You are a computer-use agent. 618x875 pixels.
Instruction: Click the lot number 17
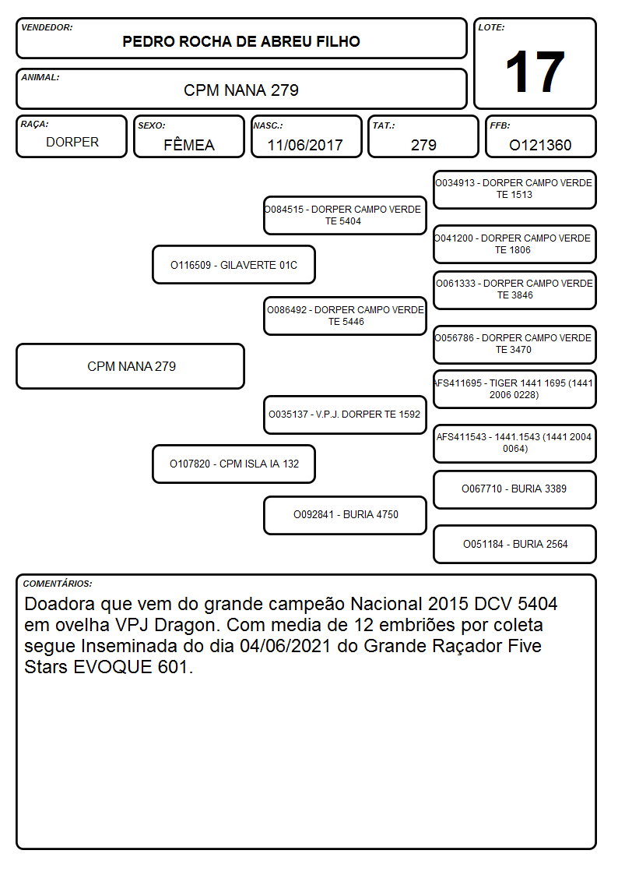click(535, 72)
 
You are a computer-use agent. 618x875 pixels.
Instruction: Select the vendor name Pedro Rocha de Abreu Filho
click(241, 41)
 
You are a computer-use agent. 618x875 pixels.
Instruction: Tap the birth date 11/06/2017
click(305, 145)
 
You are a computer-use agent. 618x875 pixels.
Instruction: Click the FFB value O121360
click(540, 145)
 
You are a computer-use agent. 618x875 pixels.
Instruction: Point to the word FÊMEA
click(189, 144)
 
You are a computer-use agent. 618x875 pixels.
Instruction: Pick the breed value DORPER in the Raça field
click(72, 143)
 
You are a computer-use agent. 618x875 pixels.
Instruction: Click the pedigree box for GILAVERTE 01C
click(234, 264)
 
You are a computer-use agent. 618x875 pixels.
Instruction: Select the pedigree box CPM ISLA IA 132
click(234, 464)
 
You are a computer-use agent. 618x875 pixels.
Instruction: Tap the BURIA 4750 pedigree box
click(346, 515)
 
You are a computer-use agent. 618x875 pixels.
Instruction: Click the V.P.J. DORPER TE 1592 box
click(346, 415)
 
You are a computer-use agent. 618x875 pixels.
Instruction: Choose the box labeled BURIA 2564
click(515, 544)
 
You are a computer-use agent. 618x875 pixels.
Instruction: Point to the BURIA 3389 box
click(515, 489)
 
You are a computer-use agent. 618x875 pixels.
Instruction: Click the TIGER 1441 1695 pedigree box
click(515, 389)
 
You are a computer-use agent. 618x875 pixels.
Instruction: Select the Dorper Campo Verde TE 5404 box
click(346, 215)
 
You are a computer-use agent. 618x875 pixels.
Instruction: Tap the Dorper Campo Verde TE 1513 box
click(515, 189)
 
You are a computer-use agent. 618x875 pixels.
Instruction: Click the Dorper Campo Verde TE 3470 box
click(515, 344)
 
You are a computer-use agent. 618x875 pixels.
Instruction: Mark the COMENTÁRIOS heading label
click(58, 584)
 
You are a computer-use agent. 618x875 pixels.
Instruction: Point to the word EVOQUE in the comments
click(113, 667)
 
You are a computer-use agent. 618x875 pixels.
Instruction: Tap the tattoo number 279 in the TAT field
click(423, 145)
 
